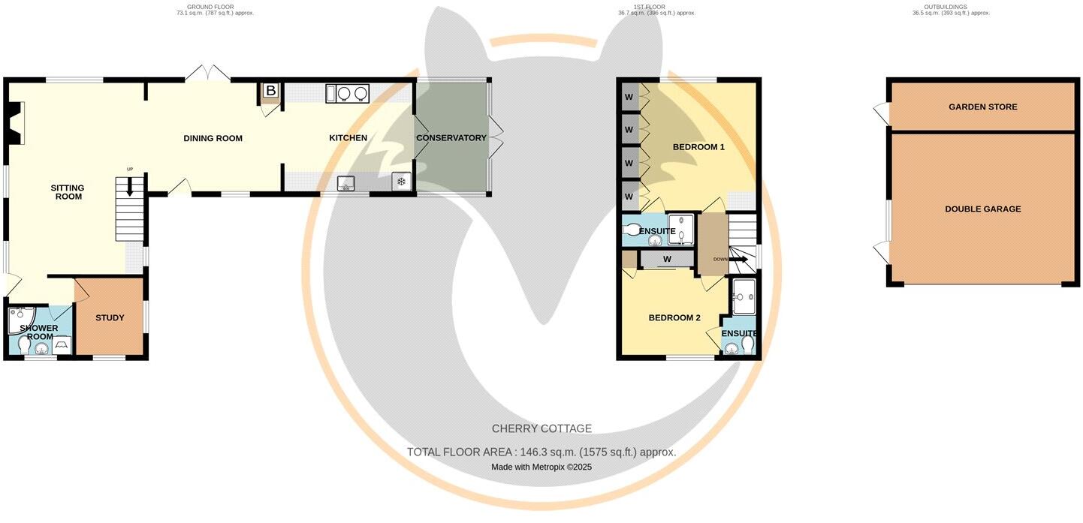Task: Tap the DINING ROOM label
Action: coord(213,138)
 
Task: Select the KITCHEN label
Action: coord(348,138)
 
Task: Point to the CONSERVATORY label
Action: coord(451,138)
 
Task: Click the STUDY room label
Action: coord(110,318)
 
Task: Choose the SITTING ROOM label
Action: coord(68,192)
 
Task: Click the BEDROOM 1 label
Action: coord(698,147)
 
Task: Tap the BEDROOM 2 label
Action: coord(674,318)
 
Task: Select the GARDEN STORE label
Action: coord(982,107)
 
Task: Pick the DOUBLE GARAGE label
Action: coord(982,209)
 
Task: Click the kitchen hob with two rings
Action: coord(353,93)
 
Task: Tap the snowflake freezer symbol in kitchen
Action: coord(401,182)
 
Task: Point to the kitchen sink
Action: coord(346,182)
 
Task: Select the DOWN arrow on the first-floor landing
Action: coord(740,260)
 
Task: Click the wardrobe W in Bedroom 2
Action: coord(666,260)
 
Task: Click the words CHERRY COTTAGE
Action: coord(541,429)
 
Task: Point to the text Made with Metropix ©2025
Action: coord(541,467)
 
